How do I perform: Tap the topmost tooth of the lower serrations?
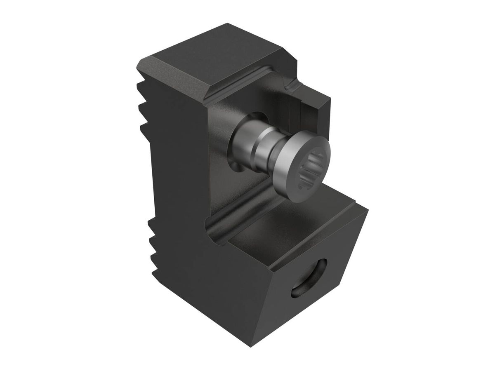point(153,225)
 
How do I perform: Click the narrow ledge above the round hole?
point(313,247)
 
